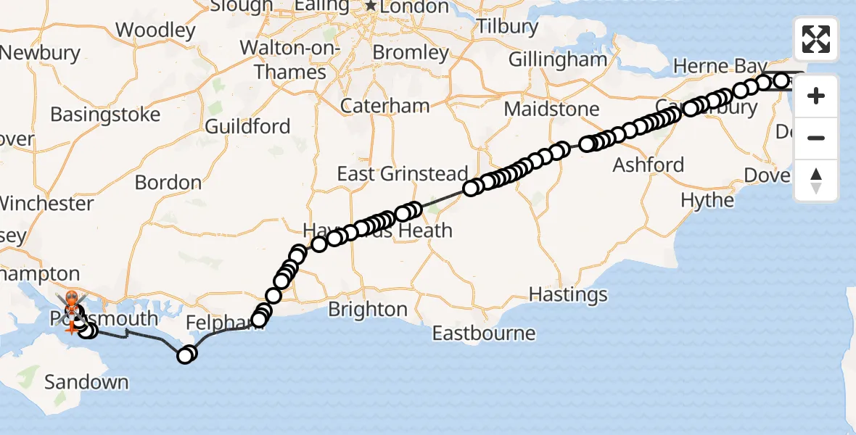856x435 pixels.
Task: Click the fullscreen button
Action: point(816,39)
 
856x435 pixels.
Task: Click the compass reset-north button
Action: point(816,181)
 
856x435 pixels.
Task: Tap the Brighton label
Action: point(368,310)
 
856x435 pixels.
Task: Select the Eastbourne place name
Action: point(484,333)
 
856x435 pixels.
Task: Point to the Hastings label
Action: point(568,294)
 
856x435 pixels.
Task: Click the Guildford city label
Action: point(247,127)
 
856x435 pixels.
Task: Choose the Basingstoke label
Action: point(105,115)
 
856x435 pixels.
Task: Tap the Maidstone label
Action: point(551,110)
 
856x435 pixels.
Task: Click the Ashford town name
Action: point(649,165)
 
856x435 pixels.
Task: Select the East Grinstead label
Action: point(403,174)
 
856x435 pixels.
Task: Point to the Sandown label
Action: point(86,382)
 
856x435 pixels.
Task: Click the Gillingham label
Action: point(557,59)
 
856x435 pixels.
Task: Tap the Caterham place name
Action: point(385,106)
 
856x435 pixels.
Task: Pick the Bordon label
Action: point(168,183)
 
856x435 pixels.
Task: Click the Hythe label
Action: point(707,201)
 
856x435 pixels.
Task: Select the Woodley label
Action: point(155,30)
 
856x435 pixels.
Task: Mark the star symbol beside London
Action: point(371,7)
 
